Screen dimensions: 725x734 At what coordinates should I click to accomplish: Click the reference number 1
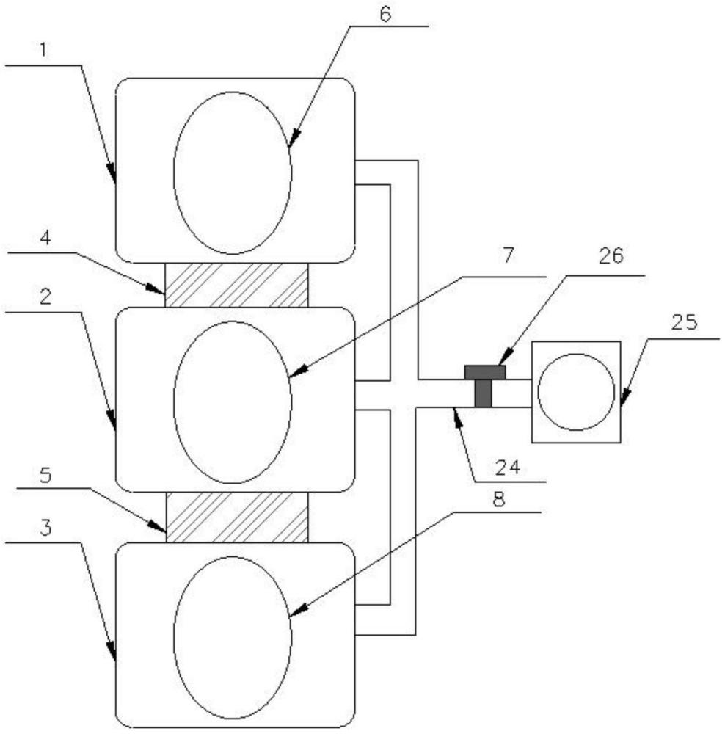(x=43, y=50)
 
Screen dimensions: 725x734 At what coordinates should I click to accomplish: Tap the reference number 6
(x=385, y=14)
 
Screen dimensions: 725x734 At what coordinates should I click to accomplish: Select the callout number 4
(x=45, y=238)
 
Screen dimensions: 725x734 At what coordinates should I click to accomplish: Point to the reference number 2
(x=45, y=297)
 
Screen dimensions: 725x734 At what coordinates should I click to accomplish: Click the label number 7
(x=509, y=255)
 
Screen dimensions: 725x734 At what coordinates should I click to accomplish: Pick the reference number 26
(x=611, y=256)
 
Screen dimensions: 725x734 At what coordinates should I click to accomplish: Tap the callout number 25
(x=685, y=322)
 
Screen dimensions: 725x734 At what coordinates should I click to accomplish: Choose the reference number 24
(x=508, y=467)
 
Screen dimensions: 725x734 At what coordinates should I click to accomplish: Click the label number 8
(x=500, y=500)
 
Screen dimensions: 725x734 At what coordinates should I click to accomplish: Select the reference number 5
(x=45, y=475)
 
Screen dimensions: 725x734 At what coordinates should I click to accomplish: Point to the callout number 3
(x=45, y=528)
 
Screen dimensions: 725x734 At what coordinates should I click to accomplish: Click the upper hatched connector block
(x=236, y=285)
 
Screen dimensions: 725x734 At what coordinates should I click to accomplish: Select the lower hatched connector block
(x=237, y=517)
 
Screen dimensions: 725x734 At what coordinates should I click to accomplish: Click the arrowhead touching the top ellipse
(x=294, y=139)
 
